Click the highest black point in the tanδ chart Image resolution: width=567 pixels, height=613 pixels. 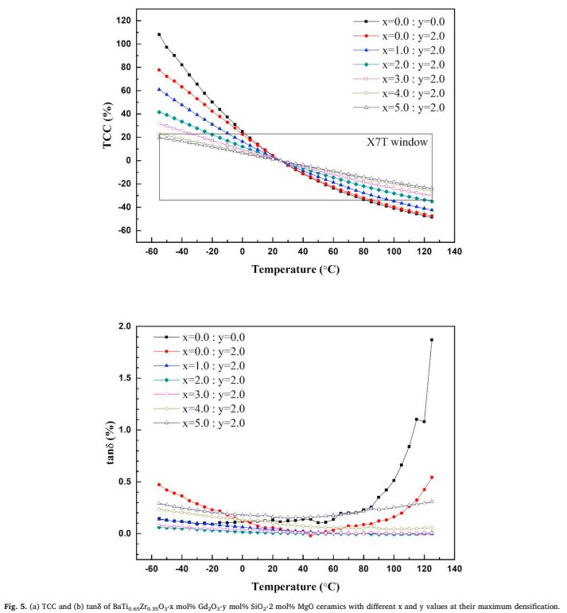click(x=432, y=340)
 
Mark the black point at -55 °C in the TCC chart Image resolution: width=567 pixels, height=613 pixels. click(x=159, y=34)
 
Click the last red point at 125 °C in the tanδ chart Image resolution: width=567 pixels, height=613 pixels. click(x=432, y=477)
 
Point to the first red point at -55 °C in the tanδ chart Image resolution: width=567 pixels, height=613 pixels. click(x=159, y=484)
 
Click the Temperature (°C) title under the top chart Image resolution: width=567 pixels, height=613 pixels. click(x=296, y=269)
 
